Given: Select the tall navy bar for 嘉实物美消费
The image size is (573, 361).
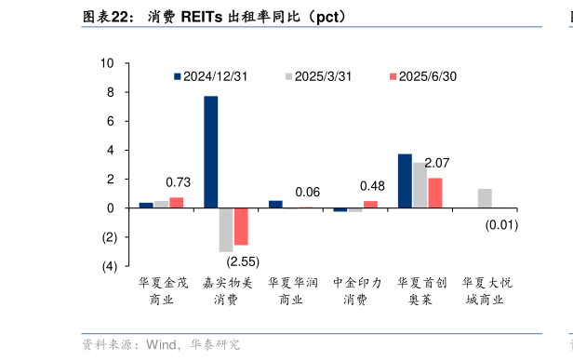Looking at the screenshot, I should [x=211, y=152].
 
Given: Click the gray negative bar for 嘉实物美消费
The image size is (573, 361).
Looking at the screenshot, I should [x=226, y=229].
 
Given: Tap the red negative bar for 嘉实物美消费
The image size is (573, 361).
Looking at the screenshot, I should [x=241, y=226].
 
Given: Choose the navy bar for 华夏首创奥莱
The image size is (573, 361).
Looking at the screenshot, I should [x=405, y=180].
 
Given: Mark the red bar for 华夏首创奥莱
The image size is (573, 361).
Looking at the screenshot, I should [x=434, y=193].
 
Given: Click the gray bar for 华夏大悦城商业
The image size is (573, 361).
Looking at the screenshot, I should [x=485, y=198].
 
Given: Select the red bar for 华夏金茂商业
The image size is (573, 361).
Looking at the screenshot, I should [x=176, y=202].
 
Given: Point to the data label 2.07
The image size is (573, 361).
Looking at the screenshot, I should [x=436, y=163].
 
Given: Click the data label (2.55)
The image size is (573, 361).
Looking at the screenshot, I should [x=243, y=261].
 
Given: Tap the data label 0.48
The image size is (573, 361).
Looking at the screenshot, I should [x=372, y=185].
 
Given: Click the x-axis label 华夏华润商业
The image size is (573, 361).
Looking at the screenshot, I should [x=291, y=290].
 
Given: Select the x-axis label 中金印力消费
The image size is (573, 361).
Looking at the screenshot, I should [x=355, y=290].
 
